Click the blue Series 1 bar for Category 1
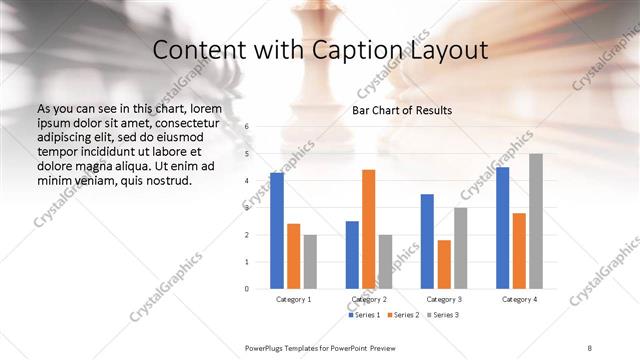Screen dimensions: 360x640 [x=277, y=231]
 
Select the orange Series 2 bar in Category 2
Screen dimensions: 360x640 [x=368, y=229]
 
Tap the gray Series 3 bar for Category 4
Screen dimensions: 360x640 [x=536, y=221]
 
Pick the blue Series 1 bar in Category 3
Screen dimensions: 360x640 [x=427, y=241]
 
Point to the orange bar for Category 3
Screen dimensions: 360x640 [x=444, y=264]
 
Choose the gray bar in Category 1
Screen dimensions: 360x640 [x=310, y=261]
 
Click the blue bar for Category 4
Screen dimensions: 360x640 [x=502, y=228]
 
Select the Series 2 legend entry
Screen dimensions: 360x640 [x=402, y=316]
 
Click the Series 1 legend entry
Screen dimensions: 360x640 [x=364, y=316]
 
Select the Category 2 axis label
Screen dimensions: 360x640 [x=368, y=299]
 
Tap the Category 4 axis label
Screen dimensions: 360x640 [x=519, y=299]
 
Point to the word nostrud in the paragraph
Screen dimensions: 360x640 [x=167, y=182]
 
